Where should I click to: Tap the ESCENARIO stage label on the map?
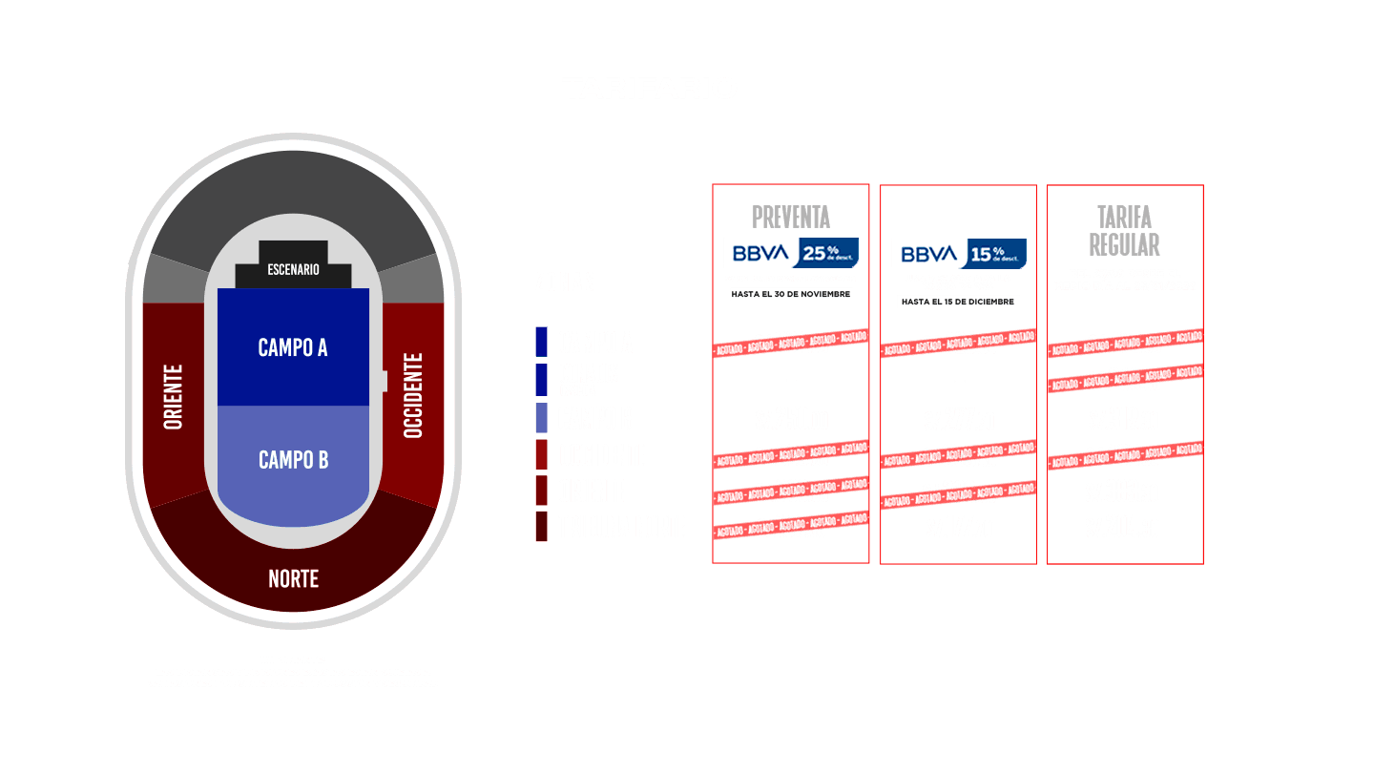click(x=293, y=270)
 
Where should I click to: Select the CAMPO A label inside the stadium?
click(x=293, y=347)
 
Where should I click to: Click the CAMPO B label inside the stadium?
click(x=293, y=460)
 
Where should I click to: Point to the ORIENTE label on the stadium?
click(x=174, y=396)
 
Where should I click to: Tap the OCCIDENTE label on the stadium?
click(x=412, y=396)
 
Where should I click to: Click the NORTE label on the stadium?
click(x=293, y=578)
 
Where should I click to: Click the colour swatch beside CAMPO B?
click(x=541, y=418)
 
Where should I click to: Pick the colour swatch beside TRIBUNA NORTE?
click(x=541, y=527)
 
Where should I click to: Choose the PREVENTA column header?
click(x=790, y=217)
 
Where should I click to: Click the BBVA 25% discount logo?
click(x=790, y=253)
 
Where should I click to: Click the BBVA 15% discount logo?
click(x=958, y=254)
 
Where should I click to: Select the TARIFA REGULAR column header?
click(x=1124, y=230)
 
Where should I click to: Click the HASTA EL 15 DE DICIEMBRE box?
click(x=958, y=302)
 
